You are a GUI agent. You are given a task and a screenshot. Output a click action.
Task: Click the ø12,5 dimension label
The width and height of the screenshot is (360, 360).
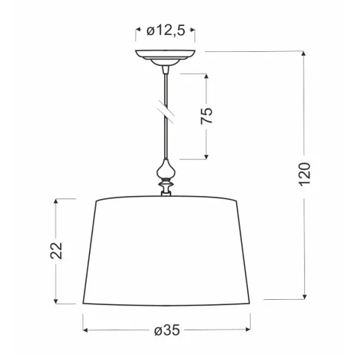166,30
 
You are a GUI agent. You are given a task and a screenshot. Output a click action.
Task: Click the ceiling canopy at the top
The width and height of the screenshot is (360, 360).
166,56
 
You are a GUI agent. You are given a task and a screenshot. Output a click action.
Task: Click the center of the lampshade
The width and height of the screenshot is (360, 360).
167,251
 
